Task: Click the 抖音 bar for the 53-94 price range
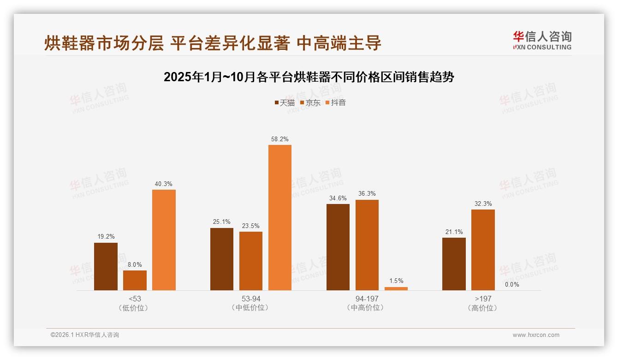pos(280,217)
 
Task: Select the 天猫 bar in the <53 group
pos(106,266)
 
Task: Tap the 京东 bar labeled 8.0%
pos(135,280)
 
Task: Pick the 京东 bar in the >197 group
pos(483,250)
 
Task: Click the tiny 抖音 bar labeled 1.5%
pos(396,288)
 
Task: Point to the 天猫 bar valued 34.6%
pos(338,247)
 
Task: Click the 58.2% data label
pos(280,139)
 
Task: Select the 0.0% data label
pos(512,284)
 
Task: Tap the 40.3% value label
pos(164,184)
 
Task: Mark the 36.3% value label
pos(367,194)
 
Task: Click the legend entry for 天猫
pos(285,102)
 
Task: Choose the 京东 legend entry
pos(310,102)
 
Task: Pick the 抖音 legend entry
pos(336,102)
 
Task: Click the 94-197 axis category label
pos(367,299)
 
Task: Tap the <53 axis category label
pos(135,299)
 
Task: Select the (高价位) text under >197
pos(483,308)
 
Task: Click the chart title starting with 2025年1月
pos(309,77)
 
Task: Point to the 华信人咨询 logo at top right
pos(542,40)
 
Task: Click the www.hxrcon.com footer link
pos(536,335)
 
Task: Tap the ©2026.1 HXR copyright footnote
pos(85,335)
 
